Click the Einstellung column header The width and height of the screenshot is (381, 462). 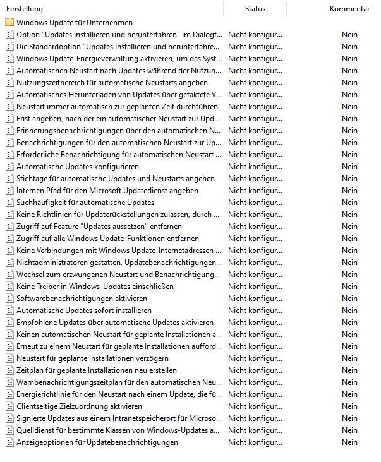pyautogui.click(x=25, y=9)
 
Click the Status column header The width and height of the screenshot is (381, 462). pyautogui.click(x=255, y=9)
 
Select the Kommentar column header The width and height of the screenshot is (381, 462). pyautogui.click(x=349, y=9)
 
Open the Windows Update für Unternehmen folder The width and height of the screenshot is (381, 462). pyautogui.click(x=74, y=23)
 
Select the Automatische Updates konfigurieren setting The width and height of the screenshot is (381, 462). pyautogui.click(x=78, y=167)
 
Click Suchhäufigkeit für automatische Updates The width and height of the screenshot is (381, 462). pyautogui.click(x=85, y=203)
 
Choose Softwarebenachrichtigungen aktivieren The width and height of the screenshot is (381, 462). pyautogui.click(x=82, y=299)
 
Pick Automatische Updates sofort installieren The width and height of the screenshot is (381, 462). pyautogui.click(x=84, y=311)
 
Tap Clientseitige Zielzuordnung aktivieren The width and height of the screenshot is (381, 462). pyautogui.click(x=79, y=406)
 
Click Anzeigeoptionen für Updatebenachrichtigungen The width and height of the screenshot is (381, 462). pyautogui.click(x=97, y=442)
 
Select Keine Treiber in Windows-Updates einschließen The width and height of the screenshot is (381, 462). pyautogui.click(x=95, y=287)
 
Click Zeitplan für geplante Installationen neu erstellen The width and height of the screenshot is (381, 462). pyautogui.click(x=97, y=370)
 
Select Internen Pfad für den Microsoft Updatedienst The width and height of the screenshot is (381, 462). pyautogui.click(x=107, y=191)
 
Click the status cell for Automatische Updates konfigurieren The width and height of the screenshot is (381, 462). pyautogui.click(x=255, y=167)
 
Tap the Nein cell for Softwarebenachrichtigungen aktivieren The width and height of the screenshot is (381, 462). pyautogui.click(x=349, y=299)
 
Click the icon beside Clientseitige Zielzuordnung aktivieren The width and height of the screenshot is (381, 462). pyautogui.click(x=9, y=406)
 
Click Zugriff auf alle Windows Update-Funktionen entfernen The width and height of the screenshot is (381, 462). pyautogui.click(x=107, y=239)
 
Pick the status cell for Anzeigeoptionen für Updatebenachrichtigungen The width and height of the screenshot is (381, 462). pyautogui.click(x=255, y=442)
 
